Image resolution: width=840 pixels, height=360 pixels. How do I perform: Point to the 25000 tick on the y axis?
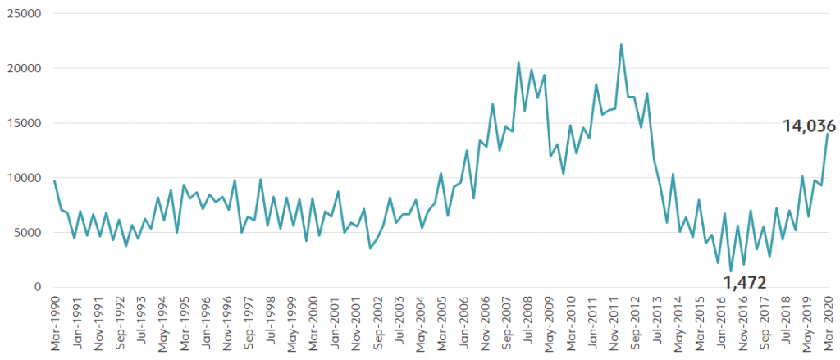pyautogui.click(x=24, y=14)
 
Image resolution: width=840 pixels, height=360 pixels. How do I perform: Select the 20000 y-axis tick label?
pyautogui.click(x=24, y=69)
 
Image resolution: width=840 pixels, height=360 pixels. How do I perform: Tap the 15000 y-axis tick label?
pyautogui.click(x=24, y=123)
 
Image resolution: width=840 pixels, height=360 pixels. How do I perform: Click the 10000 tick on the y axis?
pyautogui.click(x=24, y=178)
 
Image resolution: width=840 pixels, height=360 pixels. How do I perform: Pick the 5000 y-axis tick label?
pyautogui.click(x=27, y=232)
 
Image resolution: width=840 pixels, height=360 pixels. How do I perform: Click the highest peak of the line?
pyautogui.click(x=621, y=45)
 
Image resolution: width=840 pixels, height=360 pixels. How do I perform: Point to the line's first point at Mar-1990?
pyautogui.click(x=55, y=180)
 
